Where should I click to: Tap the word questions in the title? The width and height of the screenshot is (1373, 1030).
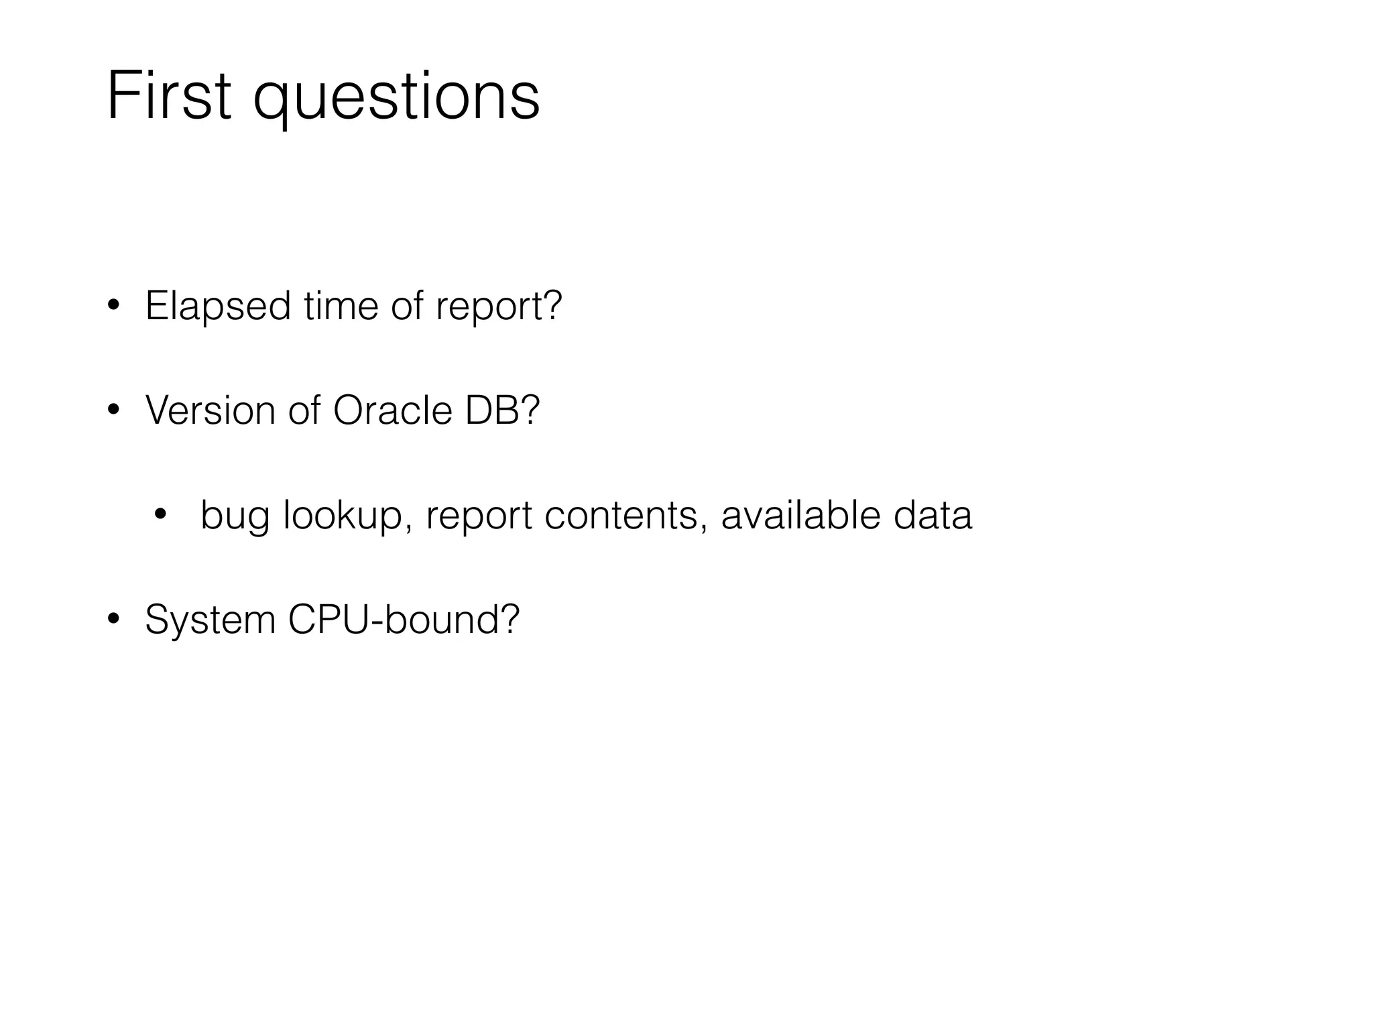(x=396, y=99)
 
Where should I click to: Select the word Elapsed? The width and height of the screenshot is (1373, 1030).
(x=218, y=307)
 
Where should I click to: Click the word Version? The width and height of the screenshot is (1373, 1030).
(x=210, y=410)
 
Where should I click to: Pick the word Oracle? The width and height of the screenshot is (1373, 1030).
(x=392, y=410)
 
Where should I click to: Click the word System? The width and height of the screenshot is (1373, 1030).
(x=210, y=620)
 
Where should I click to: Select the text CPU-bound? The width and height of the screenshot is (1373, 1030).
(x=404, y=619)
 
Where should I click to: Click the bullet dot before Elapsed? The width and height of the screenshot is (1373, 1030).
(x=113, y=306)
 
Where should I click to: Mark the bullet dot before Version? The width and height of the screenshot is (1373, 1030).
(x=113, y=410)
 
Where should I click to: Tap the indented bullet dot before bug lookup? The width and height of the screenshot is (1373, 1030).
(x=160, y=515)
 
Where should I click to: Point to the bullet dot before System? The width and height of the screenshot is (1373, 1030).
(x=113, y=619)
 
